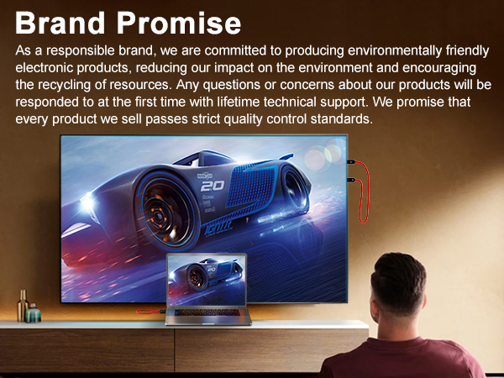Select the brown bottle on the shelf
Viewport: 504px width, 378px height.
click(x=24, y=306)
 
